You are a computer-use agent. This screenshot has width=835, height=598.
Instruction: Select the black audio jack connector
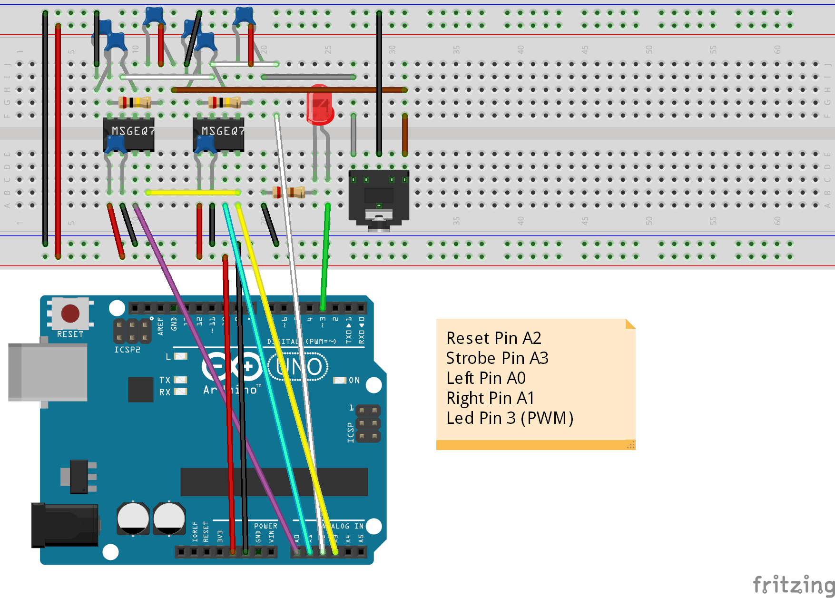click(379, 197)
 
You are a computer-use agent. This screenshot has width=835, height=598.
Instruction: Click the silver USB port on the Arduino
click(48, 372)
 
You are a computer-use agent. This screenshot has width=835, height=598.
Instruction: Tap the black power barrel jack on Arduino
click(64, 525)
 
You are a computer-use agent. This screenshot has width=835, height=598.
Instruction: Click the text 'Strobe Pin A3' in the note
click(497, 358)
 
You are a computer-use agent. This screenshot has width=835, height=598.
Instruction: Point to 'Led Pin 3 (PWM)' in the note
click(510, 418)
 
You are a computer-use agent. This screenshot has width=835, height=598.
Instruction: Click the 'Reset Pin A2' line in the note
click(493, 338)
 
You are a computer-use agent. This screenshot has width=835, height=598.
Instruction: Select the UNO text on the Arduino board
click(298, 367)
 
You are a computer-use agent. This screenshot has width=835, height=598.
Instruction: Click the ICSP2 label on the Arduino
click(127, 350)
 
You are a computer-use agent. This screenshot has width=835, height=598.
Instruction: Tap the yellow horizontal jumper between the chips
click(193, 193)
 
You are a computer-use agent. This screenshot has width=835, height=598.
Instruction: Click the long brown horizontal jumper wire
click(285, 89)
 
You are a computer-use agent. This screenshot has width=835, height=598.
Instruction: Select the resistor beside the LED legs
click(289, 192)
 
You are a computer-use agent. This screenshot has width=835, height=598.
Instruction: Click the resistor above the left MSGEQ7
click(135, 102)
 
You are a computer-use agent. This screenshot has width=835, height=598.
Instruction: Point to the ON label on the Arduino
click(354, 380)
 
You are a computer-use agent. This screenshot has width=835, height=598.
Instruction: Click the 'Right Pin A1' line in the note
click(490, 398)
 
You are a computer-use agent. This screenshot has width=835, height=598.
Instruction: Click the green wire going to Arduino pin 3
click(325, 257)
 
